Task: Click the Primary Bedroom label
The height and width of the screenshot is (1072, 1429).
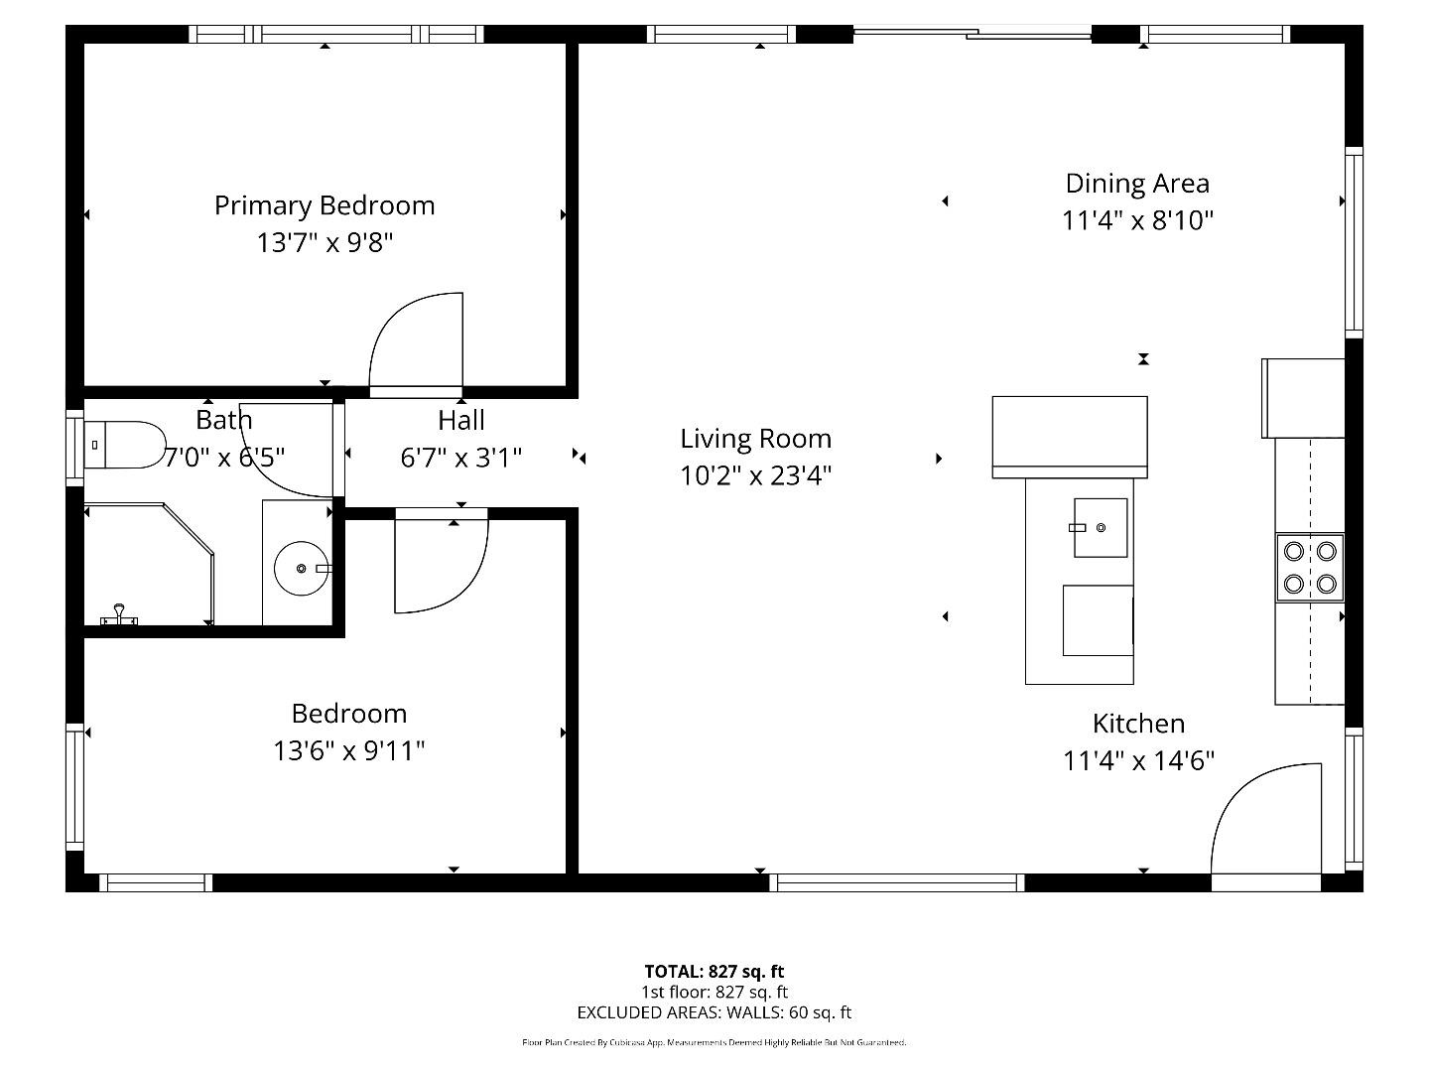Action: point(325,205)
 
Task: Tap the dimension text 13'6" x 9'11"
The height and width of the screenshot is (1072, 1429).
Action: point(349,750)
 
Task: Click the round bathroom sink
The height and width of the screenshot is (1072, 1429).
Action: point(300,568)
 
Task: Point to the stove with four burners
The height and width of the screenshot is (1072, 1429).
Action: point(1310,568)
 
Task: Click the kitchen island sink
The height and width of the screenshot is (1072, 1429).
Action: point(1100,528)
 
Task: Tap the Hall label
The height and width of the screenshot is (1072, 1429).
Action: point(461,420)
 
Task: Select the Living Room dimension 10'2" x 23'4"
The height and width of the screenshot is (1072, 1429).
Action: point(755,475)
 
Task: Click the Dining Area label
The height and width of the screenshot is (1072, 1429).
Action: point(1137,184)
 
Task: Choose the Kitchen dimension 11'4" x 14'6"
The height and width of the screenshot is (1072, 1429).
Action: point(1139,760)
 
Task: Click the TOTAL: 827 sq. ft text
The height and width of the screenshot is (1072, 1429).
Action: point(714,971)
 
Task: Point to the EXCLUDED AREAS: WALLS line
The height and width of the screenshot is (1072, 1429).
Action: point(714,1012)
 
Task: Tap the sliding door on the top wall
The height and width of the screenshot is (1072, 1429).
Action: point(973,34)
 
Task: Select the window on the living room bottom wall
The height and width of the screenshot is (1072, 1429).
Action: point(896,882)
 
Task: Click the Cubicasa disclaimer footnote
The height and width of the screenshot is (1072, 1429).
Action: point(714,1042)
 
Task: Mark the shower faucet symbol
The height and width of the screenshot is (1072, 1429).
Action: point(119,615)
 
